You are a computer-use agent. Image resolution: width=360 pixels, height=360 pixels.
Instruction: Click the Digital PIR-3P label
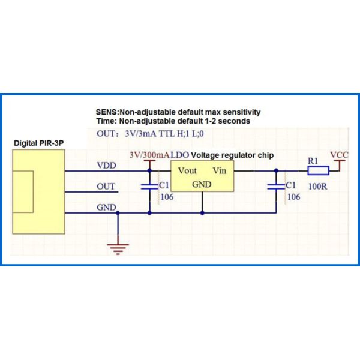[38, 144]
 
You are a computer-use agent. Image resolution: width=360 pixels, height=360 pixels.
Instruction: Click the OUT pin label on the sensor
[106, 187]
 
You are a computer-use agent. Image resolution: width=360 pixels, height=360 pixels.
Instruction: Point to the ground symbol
[118, 247]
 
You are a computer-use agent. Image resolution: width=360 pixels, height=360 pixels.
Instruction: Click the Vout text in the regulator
[187, 170]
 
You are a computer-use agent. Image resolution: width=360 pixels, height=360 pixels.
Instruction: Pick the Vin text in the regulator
[220, 170]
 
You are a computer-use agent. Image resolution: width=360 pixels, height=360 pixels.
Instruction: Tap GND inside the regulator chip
[202, 184]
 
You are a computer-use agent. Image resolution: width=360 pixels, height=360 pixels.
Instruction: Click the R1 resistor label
[313, 161]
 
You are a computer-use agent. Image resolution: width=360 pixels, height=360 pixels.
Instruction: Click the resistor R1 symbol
[313, 170]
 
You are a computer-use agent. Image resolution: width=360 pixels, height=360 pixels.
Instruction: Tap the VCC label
[339, 154]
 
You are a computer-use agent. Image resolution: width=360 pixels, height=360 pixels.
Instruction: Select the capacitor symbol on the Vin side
[275, 186]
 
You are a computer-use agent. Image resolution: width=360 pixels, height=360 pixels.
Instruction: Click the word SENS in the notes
[106, 112]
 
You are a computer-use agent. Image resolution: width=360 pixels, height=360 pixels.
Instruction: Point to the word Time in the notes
[106, 121]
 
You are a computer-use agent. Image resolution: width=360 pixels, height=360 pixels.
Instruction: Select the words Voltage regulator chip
[232, 155]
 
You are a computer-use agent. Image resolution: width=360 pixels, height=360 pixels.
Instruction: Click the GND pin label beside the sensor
[106, 207]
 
